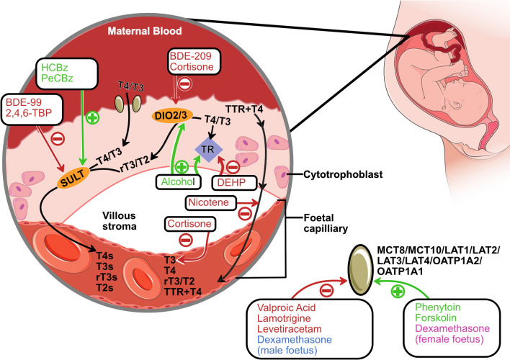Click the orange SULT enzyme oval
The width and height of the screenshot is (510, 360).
[73, 178]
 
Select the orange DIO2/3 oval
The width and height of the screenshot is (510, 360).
[171, 116]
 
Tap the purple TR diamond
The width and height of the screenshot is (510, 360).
[208, 149]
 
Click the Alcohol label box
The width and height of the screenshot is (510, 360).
[178, 181]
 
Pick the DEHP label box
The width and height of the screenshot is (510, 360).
[235, 182]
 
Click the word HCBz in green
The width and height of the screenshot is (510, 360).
[55, 68]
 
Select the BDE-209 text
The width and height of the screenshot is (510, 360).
[191, 56]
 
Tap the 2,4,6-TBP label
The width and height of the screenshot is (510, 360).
[29, 113]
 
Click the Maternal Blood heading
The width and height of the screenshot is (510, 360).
[145, 31]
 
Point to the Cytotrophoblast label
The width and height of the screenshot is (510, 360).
[343, 175]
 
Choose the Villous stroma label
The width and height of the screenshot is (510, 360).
[120, 221]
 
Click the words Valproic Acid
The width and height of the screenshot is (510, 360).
[287, 307]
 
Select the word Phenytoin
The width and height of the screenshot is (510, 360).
[438, 307]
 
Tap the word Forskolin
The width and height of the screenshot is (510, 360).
[436, 318]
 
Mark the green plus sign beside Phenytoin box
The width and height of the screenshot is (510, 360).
[398, 291]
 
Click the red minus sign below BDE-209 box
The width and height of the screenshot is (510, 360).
[184, 84]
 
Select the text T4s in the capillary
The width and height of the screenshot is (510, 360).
[104, 256]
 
